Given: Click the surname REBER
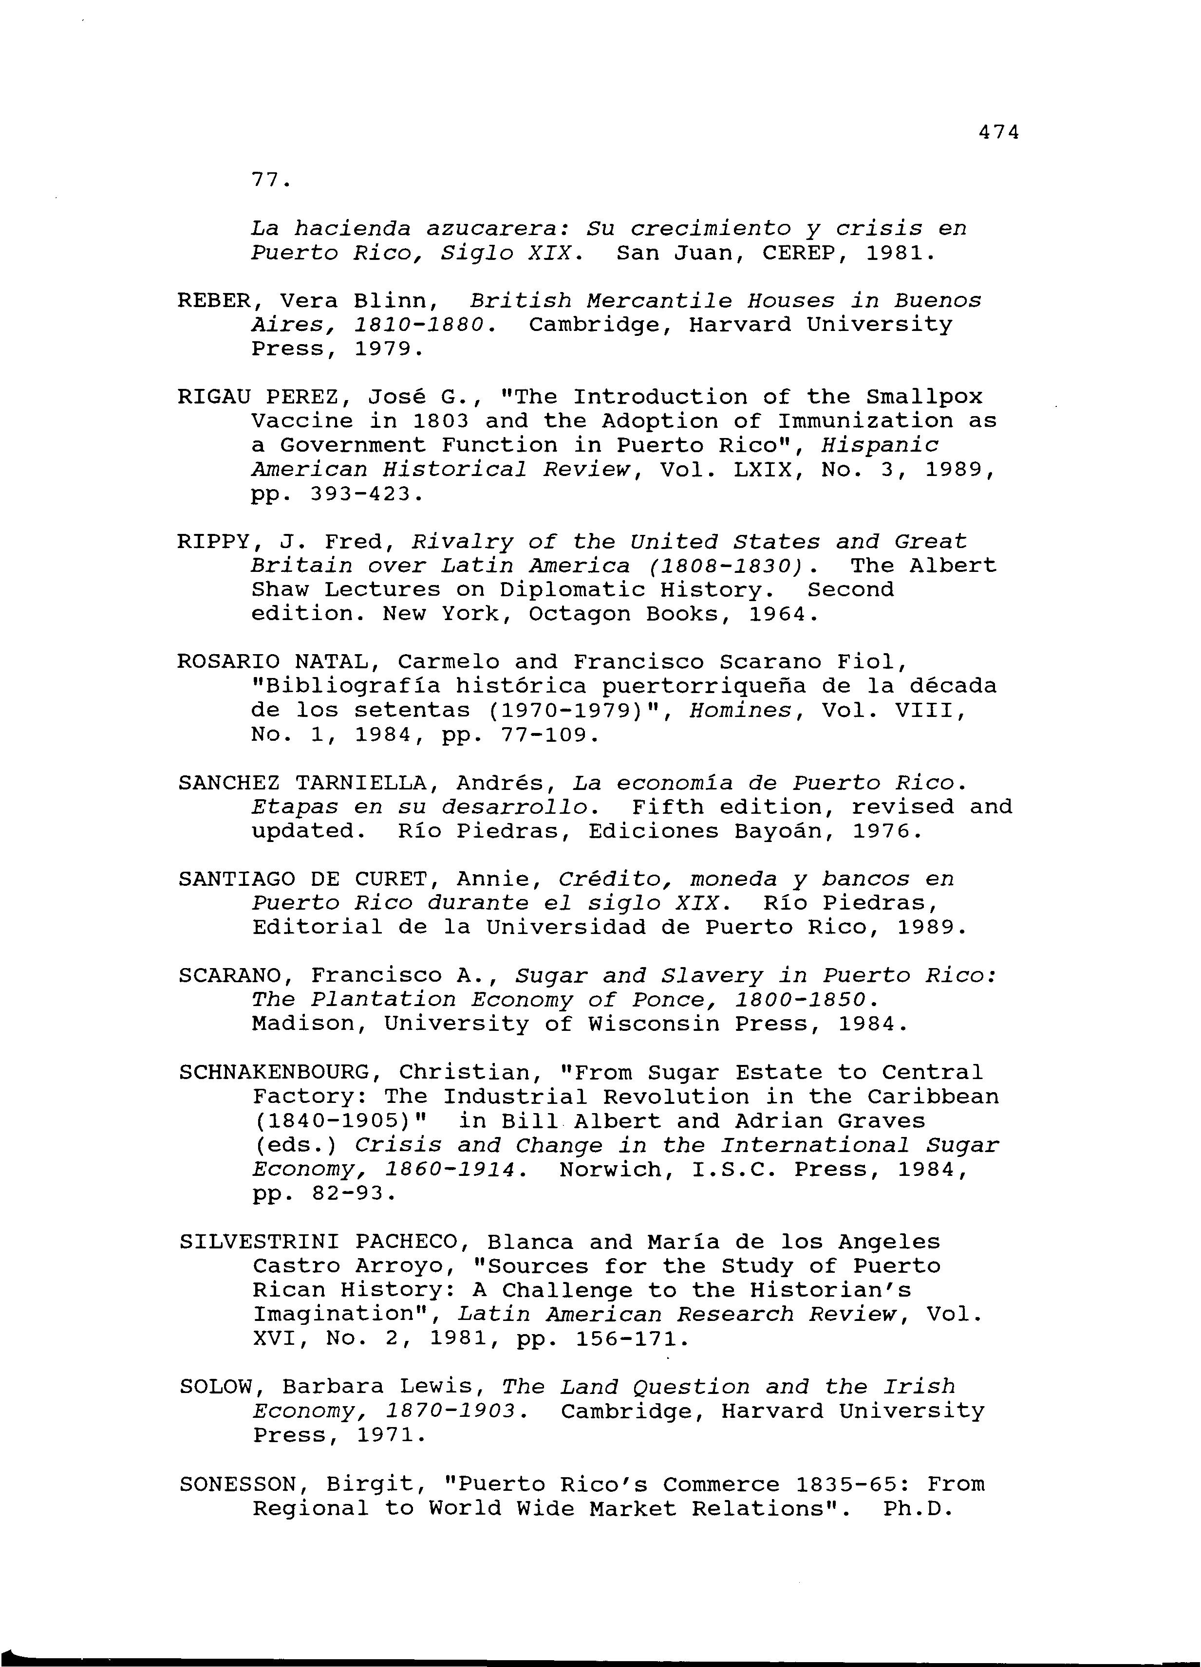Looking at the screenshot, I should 214,301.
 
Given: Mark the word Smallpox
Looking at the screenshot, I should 924,397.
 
